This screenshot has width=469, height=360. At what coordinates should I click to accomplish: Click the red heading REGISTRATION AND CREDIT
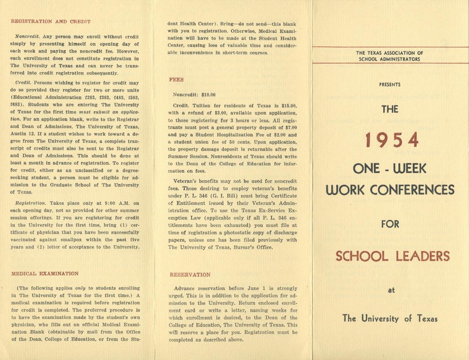tap(50, 21)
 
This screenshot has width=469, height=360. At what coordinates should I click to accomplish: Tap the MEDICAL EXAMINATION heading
tap(45, 274)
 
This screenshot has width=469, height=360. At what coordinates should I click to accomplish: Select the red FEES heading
tap(176, 80)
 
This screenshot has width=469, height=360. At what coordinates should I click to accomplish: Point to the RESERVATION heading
tap(190, 274)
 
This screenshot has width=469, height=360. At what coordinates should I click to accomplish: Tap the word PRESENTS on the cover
tap(390, 85)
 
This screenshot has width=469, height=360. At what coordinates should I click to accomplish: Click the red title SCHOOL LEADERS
tap(392, 256)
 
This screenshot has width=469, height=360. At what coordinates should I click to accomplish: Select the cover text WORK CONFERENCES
tap(390, 190)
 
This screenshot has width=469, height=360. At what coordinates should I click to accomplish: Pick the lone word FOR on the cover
tap(390, 224)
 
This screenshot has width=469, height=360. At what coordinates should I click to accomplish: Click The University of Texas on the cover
tap(390, 318)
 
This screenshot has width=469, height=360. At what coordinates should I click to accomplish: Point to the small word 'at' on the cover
tap(391, 290)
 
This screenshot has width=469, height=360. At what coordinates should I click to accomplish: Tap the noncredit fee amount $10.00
tap(206, 95)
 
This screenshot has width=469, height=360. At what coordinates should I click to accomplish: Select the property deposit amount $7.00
tap(289, 128)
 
